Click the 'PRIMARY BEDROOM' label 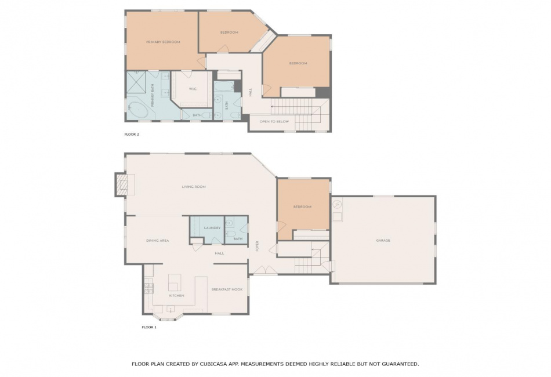(163, 42)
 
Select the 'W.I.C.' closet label (193, 89)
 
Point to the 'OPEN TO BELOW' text (274, 122)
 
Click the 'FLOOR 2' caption (132, 134)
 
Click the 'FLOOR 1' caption (149, 327)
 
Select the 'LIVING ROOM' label (194, 187)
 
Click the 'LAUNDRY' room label (212, 228)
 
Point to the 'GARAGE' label (383, 241)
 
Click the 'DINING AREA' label (157, 241)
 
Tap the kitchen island (175, 282)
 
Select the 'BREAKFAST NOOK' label (227, 289)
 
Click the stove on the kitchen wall (149, 288)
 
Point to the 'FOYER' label (258, 246)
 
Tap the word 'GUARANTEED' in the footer (400, 364)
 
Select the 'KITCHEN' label (176, 296)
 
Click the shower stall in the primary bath (136, 82)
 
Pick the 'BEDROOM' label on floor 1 (302, 207)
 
